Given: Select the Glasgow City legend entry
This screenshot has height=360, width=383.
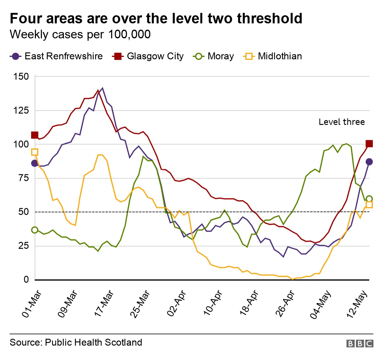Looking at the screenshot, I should tap(148, 56).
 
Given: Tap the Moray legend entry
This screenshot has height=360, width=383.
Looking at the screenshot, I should tap(213, 56).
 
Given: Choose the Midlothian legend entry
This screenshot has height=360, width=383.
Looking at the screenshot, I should tap(273, 56).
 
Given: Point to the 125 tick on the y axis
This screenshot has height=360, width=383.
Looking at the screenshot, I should tap(21, 110).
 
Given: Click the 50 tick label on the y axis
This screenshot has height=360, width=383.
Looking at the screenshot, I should tap(23, 212).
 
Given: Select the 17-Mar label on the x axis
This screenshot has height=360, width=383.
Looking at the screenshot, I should tap(104, 303).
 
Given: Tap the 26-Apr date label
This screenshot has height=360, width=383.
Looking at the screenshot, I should tap(285, 303).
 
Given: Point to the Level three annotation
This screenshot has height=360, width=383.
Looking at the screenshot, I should tap(341, 122).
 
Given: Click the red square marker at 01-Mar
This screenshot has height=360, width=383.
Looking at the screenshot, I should tap(35, 135).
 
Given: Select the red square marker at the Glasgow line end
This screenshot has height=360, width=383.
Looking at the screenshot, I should tap(369, 144).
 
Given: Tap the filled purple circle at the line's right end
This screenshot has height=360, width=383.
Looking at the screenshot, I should tap(369, 162).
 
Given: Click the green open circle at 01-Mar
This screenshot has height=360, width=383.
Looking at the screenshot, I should tap(35, 230).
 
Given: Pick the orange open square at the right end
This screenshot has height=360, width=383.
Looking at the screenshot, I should tap(369, 205).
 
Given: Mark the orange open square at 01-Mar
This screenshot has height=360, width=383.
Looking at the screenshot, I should tap(35, 152).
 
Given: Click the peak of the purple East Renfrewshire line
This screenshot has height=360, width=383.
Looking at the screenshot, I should tap(103, 88).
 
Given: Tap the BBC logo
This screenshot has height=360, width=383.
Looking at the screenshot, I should tap(360, 343).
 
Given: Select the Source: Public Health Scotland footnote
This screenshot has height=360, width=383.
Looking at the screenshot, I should tap(76, 342).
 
